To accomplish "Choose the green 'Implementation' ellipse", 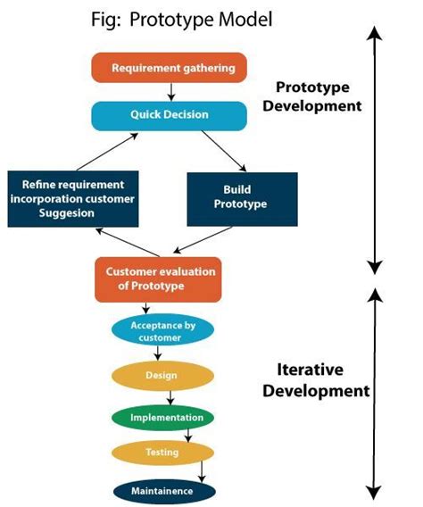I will [x=162, y=417].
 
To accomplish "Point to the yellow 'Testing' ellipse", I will [x=162, y=453].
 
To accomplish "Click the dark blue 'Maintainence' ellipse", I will [x=165, y=490].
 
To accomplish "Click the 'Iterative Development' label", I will [x=311, y=378].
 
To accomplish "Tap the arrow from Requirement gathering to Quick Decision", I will [x=169, y=91].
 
